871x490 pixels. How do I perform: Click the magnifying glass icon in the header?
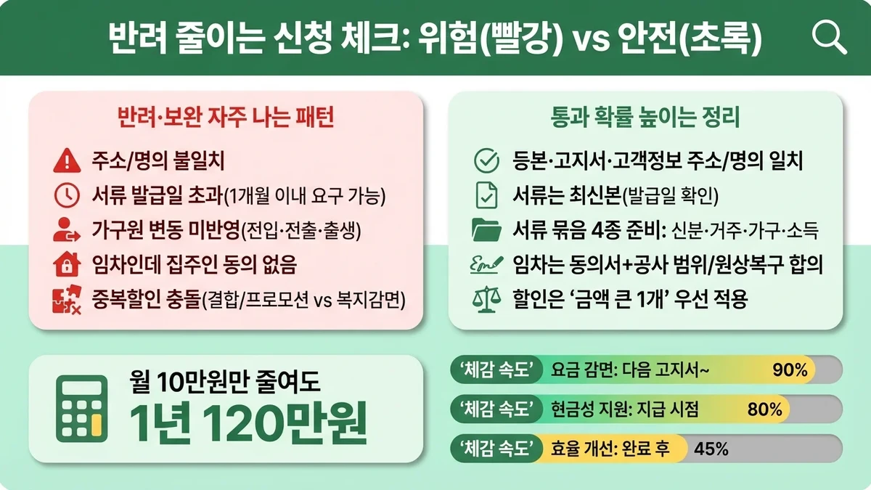829,36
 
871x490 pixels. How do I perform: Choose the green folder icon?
486,230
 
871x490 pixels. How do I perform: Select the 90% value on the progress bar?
790,370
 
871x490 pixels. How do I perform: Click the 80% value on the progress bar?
764,409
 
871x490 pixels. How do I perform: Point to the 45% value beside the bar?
711,448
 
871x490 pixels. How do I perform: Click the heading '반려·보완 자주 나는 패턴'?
225,118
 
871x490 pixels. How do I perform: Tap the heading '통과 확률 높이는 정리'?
646,118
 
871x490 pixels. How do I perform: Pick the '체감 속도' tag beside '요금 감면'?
496,370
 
